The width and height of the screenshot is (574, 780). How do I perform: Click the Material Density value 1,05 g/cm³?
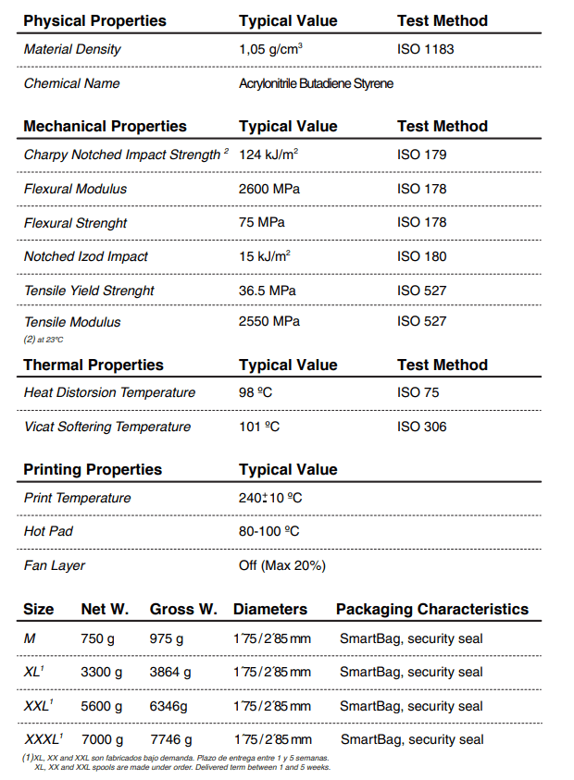point(272,49)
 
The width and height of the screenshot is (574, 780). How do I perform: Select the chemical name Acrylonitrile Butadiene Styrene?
point(316,83)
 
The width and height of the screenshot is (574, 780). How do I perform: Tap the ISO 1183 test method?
point(425,49)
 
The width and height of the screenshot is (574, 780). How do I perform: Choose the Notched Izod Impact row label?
point(85,256)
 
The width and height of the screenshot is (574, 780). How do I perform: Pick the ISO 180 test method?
point(421,256)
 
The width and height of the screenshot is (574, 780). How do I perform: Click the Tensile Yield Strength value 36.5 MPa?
point(268,291)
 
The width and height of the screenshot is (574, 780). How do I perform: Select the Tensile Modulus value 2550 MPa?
point(269,321)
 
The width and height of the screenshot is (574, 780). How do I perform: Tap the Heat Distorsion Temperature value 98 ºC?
point(256,392)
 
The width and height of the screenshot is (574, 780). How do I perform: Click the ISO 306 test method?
point(421,427)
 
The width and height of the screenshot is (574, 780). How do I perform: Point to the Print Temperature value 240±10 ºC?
point(270,498)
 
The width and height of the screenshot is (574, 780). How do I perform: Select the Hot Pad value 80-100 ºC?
point(268,532)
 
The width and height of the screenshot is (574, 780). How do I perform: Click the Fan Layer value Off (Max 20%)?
point(282,565)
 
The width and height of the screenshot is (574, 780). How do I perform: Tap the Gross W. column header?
point(183,609)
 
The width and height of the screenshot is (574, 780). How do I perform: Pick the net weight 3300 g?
point(102,672)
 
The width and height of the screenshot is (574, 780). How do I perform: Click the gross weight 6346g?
point(170,706)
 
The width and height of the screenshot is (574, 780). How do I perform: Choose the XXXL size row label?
point(43,739)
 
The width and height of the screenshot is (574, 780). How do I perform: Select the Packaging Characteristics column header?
point(432,609)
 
